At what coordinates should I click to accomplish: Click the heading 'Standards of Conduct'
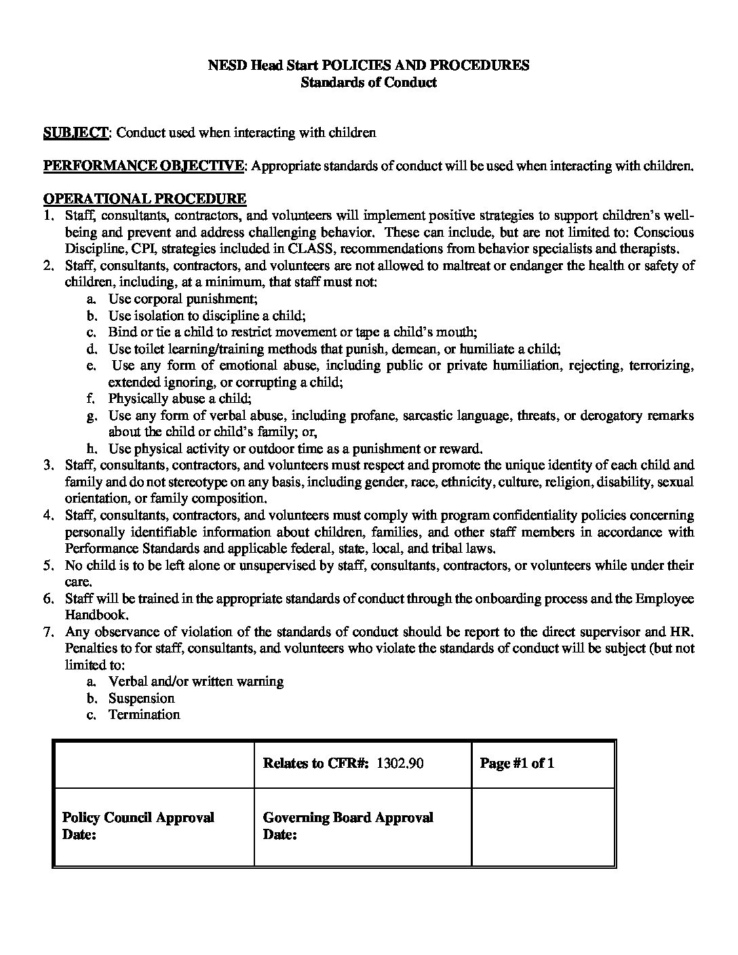(x=368, y=83)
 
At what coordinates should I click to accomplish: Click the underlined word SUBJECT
(x=75, y=133)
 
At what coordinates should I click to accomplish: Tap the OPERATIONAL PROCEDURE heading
(x=144, y=199)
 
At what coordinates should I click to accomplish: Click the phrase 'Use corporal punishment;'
(x=182, y=299)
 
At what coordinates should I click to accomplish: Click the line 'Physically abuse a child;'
(x=180, y=398)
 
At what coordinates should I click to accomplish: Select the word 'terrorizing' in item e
(x=661, y=366)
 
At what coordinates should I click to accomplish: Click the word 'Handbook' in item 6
(x=96, y=615)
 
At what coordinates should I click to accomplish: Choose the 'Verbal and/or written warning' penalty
(x=195, y=681)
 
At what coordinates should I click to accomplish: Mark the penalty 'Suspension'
(x=141, y=698)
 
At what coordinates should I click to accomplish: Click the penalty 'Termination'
(x=144, y=714)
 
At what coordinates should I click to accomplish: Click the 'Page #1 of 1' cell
(x=517, y=763)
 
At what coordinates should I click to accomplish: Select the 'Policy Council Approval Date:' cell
(x=138, y=825)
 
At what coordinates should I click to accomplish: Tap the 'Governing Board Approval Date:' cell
(x=347, y=825)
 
